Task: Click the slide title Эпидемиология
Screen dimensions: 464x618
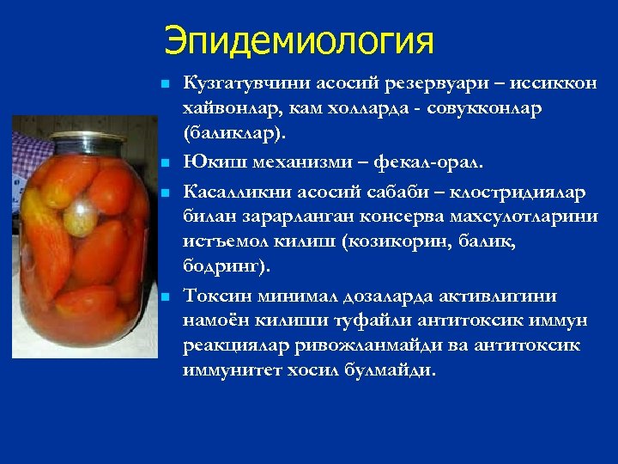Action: (300, 40)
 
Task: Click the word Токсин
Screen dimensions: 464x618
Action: (209, 296)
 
